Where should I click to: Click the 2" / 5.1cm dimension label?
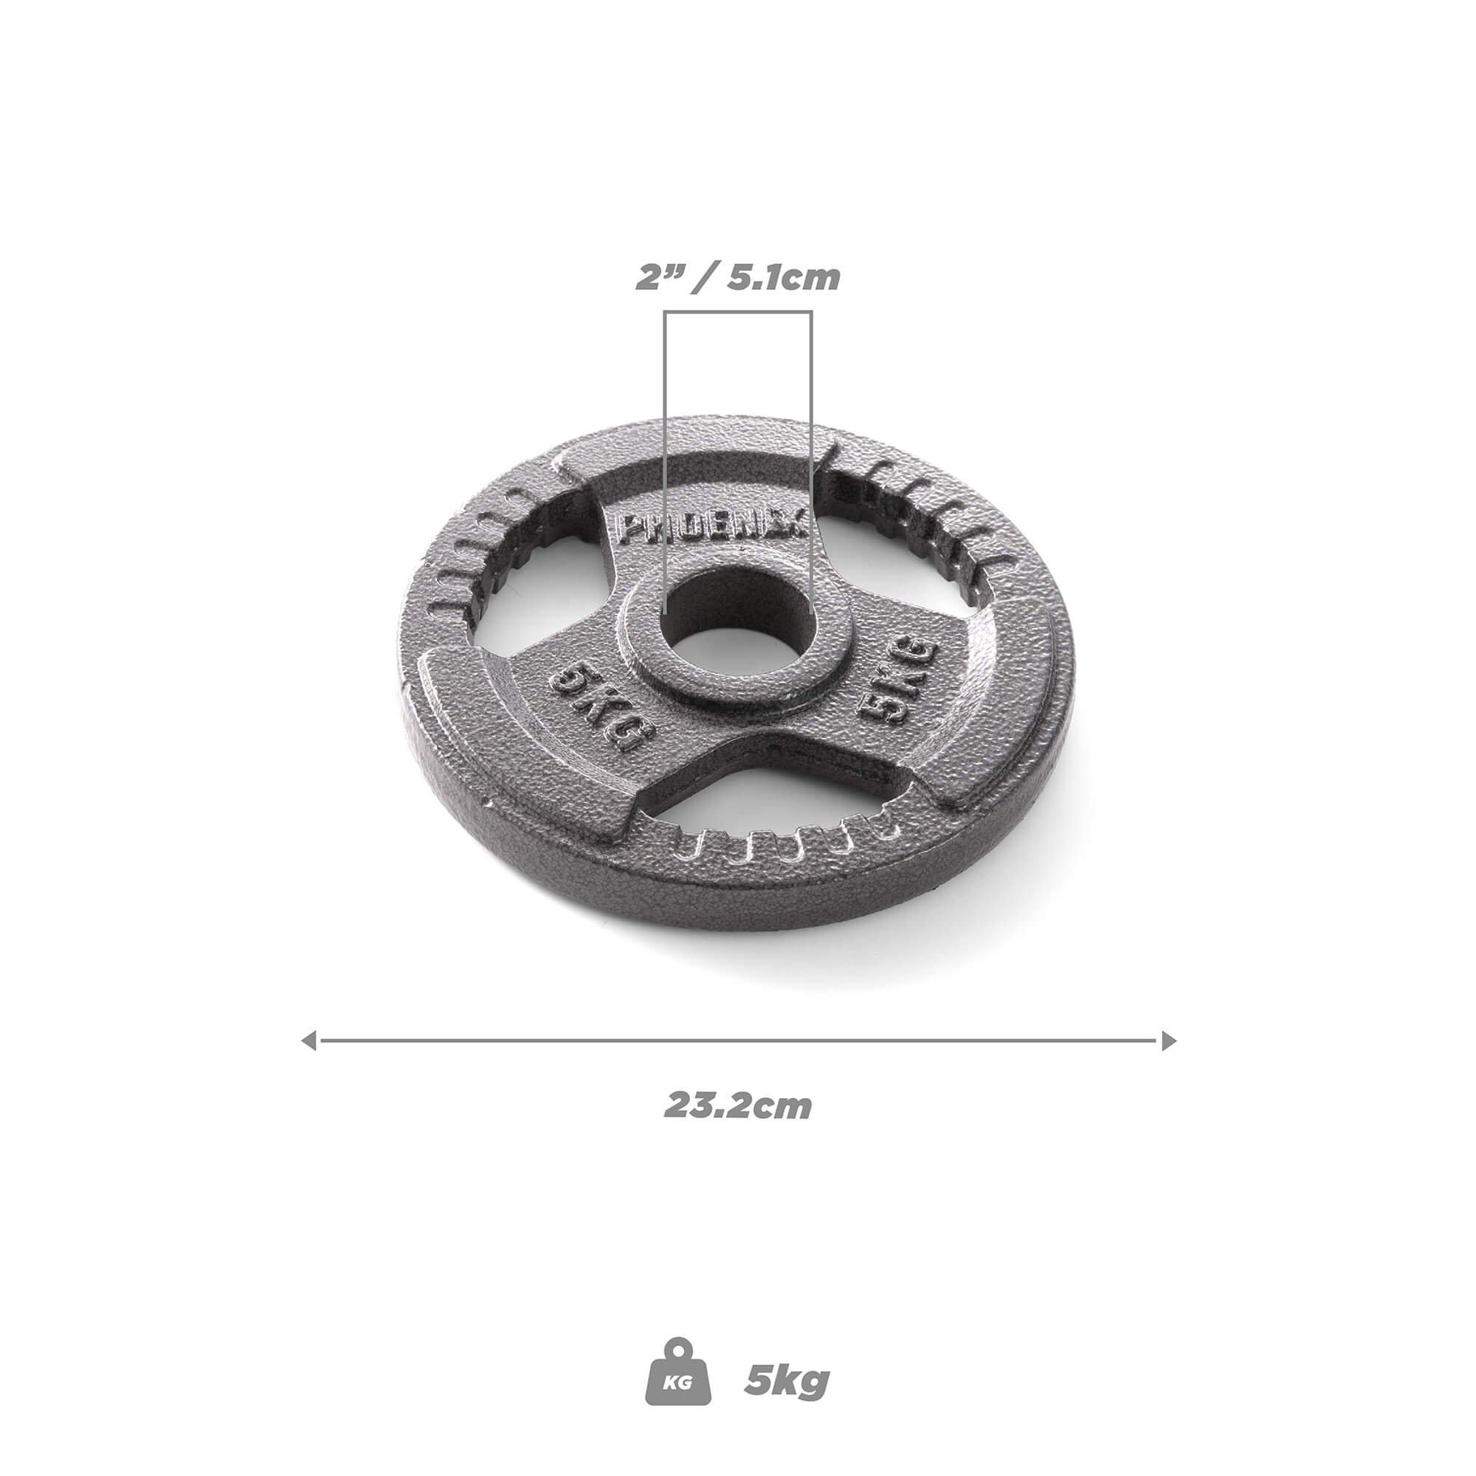[x=738, y=278]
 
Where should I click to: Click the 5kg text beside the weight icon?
[x=787, y=1360]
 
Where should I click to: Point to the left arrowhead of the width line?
[x=309, y=1041]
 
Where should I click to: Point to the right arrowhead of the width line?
[x=1168, y=1041]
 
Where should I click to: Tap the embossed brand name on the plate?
[x=707, y=529]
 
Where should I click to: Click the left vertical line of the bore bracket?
[x=666, y=458]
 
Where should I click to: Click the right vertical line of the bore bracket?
[x=810, y=458]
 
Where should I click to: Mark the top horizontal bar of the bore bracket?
[x=738, y=312]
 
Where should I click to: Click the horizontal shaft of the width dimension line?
[x=738, y=1041]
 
